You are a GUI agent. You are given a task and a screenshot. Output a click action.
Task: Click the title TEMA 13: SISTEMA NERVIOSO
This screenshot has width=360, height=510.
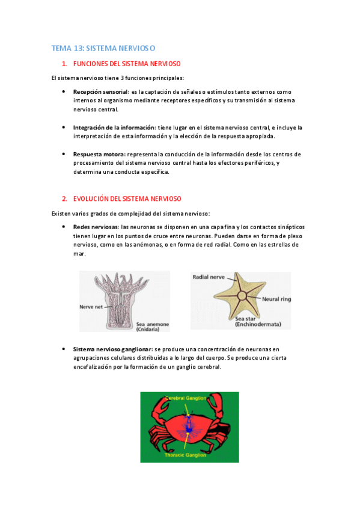point(103,48)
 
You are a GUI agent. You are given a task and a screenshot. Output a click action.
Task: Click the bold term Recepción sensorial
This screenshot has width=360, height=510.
point(101,92)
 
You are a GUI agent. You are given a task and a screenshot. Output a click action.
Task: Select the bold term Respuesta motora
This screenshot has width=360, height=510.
point(99,154)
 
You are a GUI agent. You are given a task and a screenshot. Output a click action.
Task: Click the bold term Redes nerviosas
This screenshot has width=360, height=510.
point(95,227)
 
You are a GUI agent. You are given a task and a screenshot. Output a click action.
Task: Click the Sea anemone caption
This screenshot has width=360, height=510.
point(153,326)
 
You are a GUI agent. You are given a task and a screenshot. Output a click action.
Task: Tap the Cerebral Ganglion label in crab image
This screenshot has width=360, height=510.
point(186,398)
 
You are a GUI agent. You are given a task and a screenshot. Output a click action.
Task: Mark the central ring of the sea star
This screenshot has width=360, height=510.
point(242,295)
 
